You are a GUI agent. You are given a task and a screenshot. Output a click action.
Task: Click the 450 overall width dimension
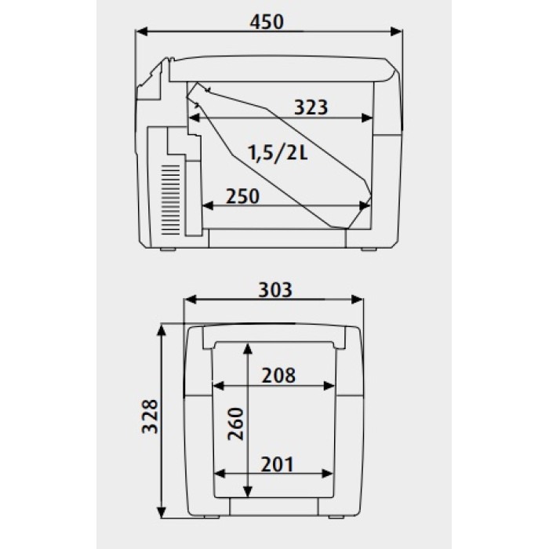point(267,22)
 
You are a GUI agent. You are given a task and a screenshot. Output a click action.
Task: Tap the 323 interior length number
point(311,107)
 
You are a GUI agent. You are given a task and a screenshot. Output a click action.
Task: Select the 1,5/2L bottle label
point(278,153)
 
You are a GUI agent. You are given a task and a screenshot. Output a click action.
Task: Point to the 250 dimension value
point(242,196)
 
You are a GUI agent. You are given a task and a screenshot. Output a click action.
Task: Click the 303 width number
point(274,290)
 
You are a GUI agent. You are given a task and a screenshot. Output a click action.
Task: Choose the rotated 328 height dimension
point(150,416)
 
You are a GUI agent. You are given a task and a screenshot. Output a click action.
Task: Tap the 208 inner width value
point(278,376)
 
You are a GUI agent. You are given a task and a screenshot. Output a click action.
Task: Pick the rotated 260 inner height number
point(235,424)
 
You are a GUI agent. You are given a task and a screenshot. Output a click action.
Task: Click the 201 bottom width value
point(277,464)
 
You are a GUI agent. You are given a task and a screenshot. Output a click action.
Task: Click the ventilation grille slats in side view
point(170,200)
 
